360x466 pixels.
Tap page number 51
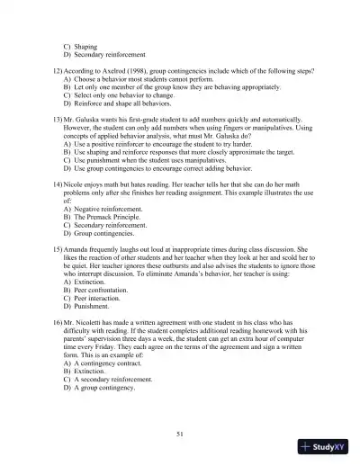[x=180, y=435]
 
